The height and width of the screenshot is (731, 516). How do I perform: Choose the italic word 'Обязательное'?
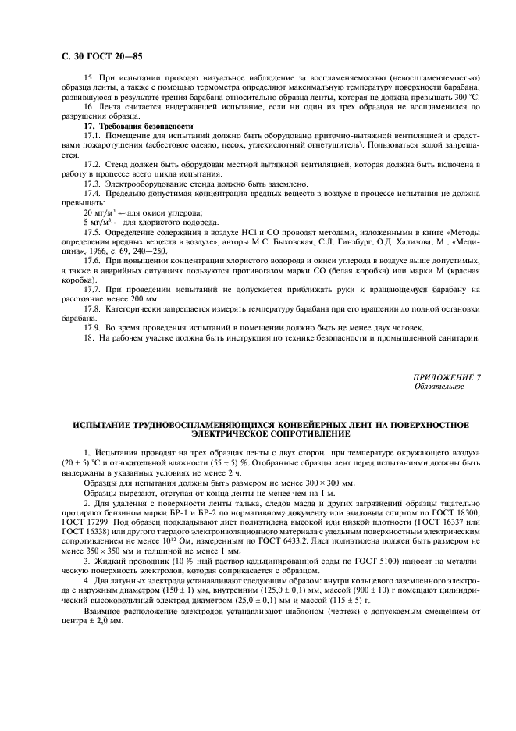[x=439, y=386]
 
